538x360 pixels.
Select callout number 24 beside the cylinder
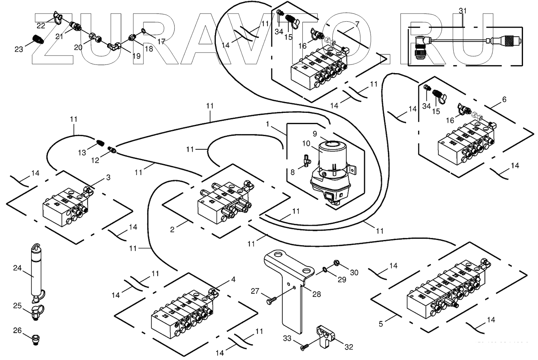pos(17,268)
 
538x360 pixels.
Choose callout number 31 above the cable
pos(463,11)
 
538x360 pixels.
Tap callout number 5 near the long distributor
pos(381,323)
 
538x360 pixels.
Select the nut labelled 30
pos(336,264)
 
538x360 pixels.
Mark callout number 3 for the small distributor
pos(108,177)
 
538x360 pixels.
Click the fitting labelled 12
pos(112,150)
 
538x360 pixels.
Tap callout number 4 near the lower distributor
pos(233,279)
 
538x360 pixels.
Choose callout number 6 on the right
pos(504,99)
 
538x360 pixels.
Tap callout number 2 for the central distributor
pos(172,230)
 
